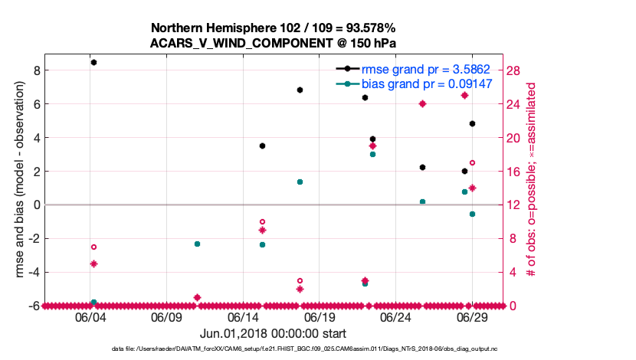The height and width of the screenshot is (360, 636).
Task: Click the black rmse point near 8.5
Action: pyautogui.click(x=93, y=62)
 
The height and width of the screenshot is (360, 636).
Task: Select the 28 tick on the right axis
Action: pyautogui.click(x=513, y=70)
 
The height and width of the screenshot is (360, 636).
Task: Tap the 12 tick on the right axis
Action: pyautogui.click(x=513, y=205)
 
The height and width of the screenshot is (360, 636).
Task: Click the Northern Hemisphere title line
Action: pyautogui.click(x=273, y=29)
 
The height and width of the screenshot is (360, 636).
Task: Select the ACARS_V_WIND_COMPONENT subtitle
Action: pyautogui.click(x=273, y=44)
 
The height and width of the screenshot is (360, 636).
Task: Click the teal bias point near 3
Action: pyautogui.click(x=372, y=154)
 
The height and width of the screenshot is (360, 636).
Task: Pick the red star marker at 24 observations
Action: pyautogui.click(x=422, y=103)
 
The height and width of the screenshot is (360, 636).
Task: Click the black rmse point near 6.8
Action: pyautogui.click(x=300, y=90)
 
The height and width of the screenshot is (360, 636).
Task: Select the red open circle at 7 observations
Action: pyautogui.click(x=93, y=247)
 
